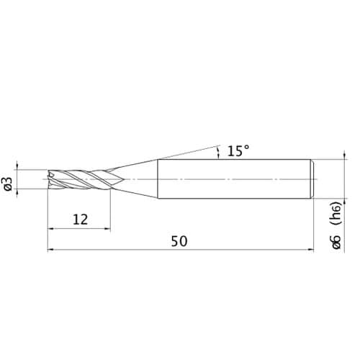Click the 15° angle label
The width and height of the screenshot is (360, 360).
point(238,151)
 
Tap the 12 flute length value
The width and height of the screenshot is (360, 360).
point(81,220)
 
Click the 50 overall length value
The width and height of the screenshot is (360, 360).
point(179,241)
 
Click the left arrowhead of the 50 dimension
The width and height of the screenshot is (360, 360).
point(50,250)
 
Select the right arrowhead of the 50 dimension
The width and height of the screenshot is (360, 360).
point(311,250)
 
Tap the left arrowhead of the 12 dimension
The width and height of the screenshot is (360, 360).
point(50,229)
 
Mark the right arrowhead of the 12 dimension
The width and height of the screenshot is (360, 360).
point(107,229)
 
